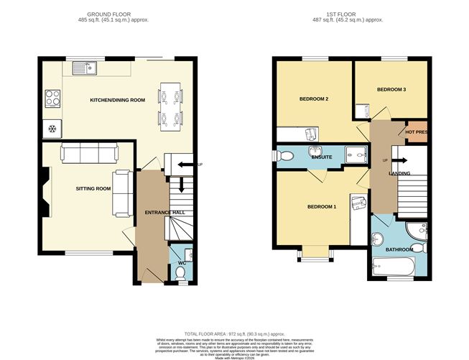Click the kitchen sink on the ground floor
point(85,68)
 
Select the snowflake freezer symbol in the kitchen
point(52,129)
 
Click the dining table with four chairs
point(170,104)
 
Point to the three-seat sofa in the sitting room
point(89,152)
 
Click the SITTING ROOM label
point(93,188)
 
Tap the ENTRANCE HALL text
point(164,213)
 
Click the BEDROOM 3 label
point(391,89)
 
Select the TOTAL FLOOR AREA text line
point(234,333)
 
